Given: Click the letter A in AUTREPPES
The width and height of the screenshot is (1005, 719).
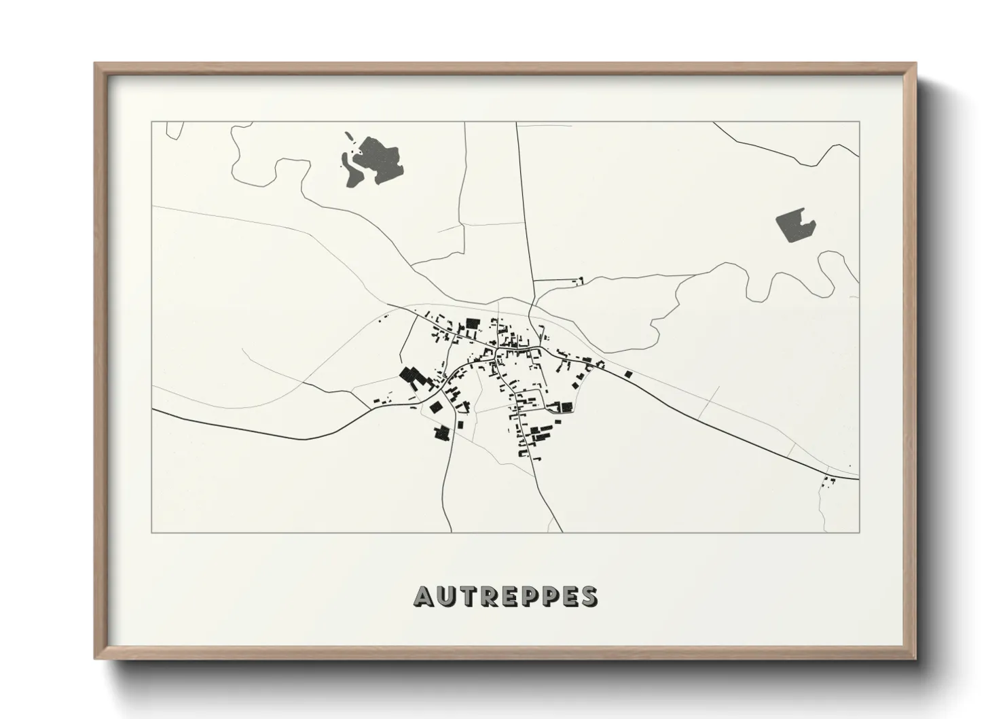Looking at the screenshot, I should pos(423,596).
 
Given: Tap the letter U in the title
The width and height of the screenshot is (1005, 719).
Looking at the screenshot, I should pos(445,596).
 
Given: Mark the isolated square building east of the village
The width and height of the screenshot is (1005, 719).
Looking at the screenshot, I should pos(628,373).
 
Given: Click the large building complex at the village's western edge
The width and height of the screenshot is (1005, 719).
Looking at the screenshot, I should pos(412,378).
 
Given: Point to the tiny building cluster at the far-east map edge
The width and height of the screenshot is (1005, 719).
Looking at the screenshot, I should pos(828,482).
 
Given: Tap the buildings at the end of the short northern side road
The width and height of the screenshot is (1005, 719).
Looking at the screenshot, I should pos(579,280).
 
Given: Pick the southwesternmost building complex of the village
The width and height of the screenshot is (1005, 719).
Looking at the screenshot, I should pos(443,433).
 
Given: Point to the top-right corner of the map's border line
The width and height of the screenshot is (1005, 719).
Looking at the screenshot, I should pos(859,122).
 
